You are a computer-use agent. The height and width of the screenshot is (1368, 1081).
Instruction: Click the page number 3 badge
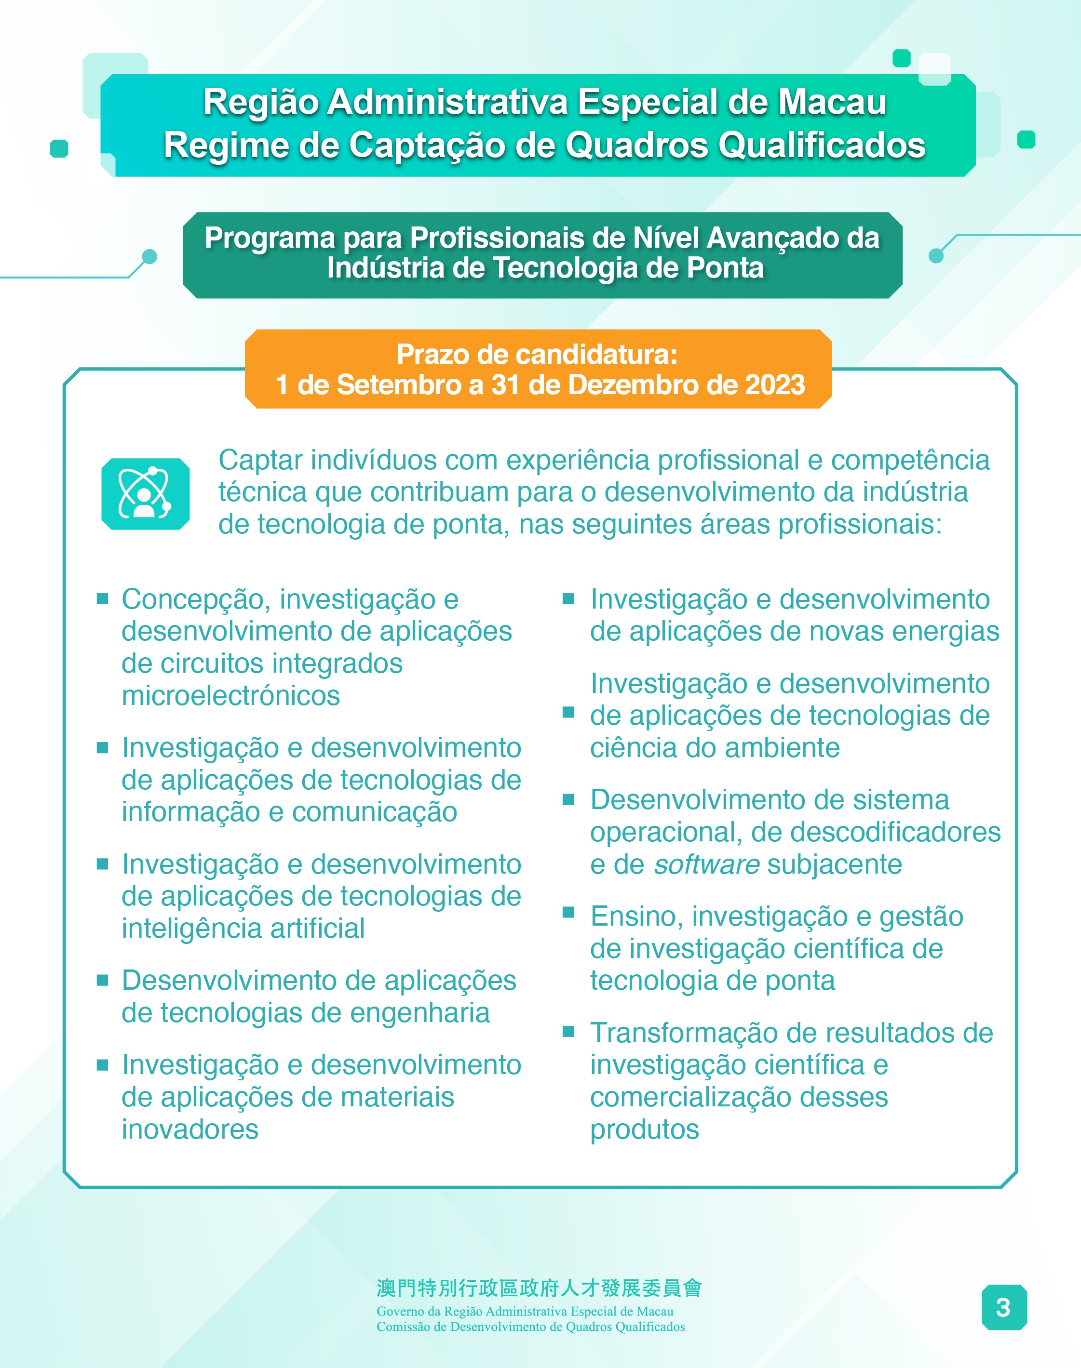click(1003, 1307)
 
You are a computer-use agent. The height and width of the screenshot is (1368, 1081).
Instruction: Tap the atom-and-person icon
click(145, 493)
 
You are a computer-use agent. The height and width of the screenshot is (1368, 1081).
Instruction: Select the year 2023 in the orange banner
click(775, 385)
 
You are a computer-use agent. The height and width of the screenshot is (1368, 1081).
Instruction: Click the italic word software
click(706, 864)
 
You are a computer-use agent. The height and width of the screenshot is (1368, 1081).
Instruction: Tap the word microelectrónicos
click(230, 696)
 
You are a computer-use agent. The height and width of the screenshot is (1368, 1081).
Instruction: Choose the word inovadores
click(190, 1129)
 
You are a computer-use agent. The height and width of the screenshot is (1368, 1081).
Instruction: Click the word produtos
click(644, 1129)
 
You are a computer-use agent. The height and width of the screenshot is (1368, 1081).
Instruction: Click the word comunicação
click(374, 812)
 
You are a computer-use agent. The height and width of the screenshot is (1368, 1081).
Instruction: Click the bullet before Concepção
click(103, 598)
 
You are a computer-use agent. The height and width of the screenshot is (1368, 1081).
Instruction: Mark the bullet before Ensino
click(568, 912)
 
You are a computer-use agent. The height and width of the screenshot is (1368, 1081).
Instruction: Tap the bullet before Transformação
click(568, 1032)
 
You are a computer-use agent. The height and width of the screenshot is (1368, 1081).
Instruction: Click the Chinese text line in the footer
click(539, 1288)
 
